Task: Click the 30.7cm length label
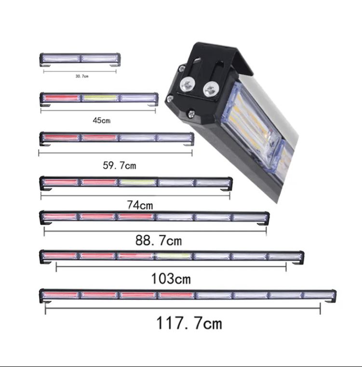(82, 76)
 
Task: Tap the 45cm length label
(101, 120)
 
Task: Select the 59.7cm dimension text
(119, 166)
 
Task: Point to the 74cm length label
(140, 205)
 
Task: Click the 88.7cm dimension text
(159, 240)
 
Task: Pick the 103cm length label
(171, 279)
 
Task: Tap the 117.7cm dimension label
(189, 323)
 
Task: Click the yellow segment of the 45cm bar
(100, 98)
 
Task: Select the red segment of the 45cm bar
(61, 98)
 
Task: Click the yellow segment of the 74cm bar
(138, 182)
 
